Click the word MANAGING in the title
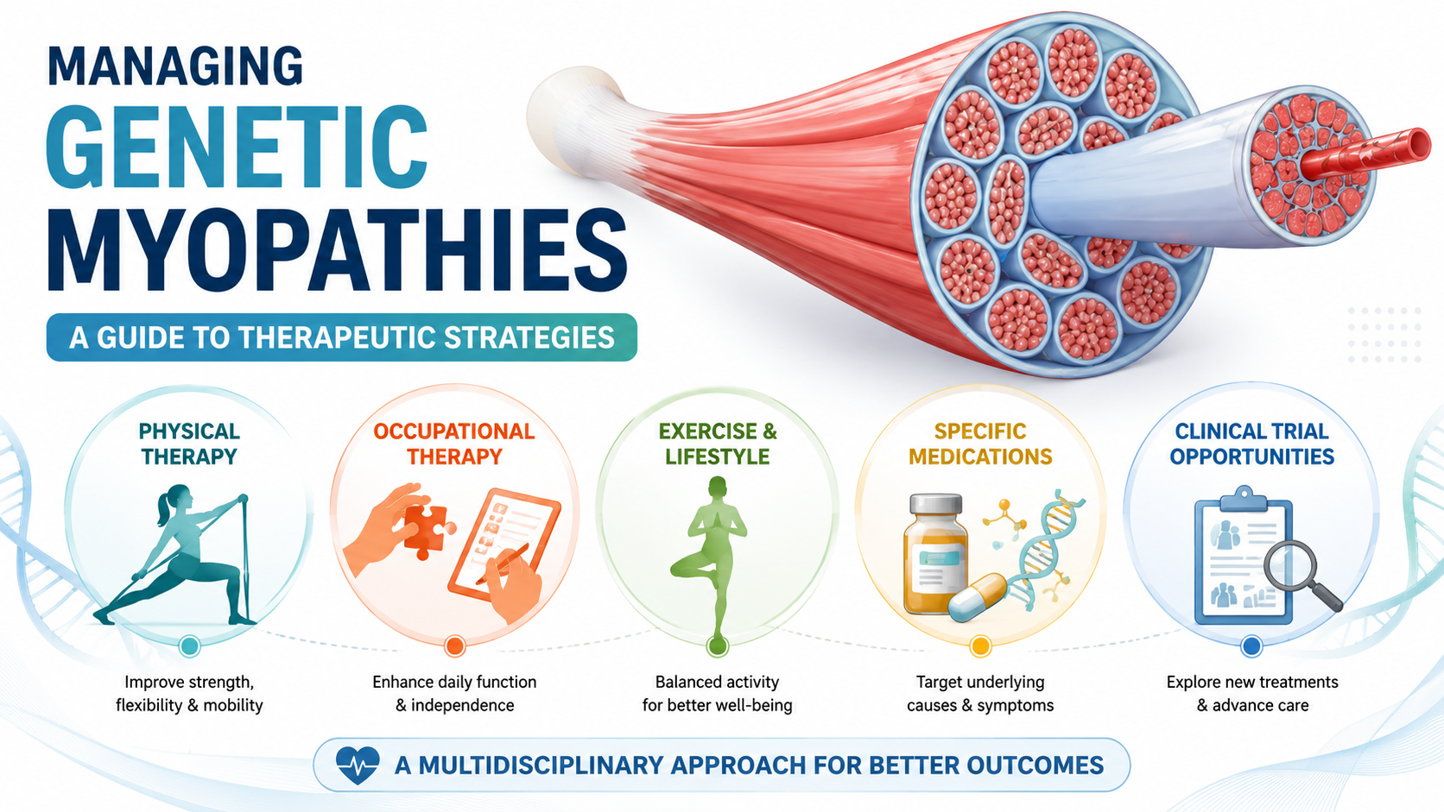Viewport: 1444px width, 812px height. [175, 66]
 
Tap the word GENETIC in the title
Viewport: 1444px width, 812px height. [237, 147]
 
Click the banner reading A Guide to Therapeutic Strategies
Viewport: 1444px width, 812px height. [342, 337]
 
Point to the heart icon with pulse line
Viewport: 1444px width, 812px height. [358, 765]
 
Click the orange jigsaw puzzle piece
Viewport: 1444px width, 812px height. [426, 529]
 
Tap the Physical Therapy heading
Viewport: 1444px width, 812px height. [189, 444]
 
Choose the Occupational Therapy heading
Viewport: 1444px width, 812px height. [453, 444]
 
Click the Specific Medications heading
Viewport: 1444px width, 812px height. [980, 444]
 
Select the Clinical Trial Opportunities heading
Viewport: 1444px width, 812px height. [1252, 444]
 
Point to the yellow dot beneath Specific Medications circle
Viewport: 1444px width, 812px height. [980, 645]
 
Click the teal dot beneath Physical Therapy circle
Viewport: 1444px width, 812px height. [189, 645]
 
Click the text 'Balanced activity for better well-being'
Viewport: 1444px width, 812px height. [717, 694]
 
